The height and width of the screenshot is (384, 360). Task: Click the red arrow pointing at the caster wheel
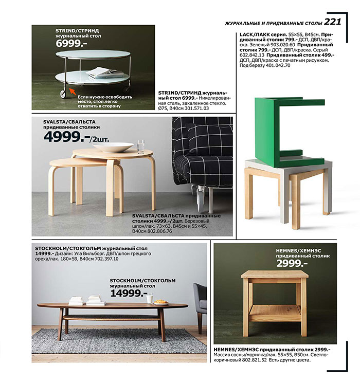(x=69, y=92)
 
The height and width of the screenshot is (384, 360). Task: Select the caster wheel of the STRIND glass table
(x=63, y=94)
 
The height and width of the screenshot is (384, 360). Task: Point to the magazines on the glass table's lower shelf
(x=105, y=73)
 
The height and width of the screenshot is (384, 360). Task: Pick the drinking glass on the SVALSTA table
(x=141, y=145)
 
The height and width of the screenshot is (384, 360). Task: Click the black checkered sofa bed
(x=203, y=154)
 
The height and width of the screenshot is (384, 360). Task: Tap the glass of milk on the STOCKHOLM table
(x=149, y=298)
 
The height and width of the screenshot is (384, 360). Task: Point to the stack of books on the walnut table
(x=95, y=300)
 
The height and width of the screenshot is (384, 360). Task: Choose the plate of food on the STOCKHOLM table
(x=161, y=302)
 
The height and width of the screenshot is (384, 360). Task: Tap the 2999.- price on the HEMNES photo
(x=292, y=264)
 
